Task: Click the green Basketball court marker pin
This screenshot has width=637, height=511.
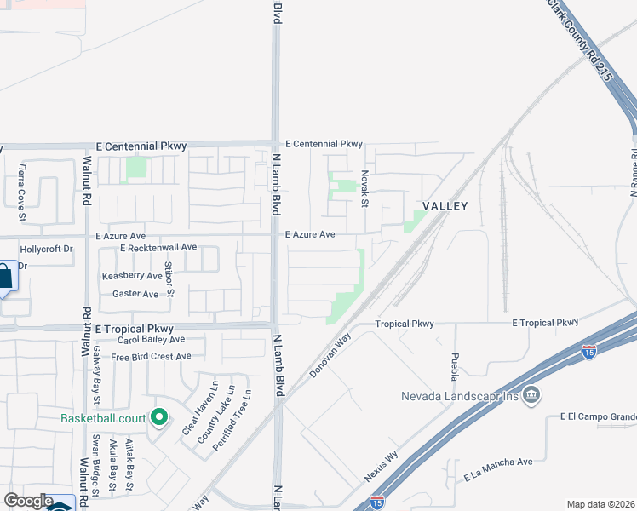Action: pos(158,417)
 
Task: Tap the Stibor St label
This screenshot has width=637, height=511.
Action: pos(170,281)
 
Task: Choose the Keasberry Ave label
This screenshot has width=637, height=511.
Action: pos(131,276)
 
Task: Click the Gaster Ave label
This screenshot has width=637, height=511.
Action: pos(135,294)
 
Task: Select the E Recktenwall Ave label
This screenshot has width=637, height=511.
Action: pos(158,247)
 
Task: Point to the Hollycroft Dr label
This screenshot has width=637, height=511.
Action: pos(47,250)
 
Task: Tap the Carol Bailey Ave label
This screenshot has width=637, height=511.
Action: pos(150,339)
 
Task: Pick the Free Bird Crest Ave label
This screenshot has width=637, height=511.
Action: pos(151,356)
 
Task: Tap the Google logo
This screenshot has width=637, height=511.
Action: pos(28,501)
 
